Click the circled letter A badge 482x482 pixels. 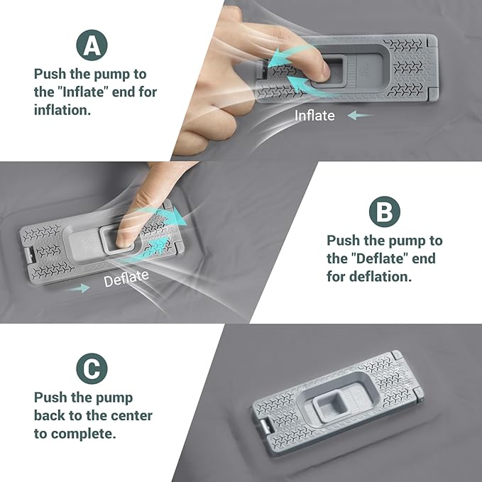pos(92,45)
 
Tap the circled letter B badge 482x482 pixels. pos(384,212)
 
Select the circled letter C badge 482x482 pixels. pos(92,369)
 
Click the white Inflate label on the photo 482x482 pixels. pos(314,115)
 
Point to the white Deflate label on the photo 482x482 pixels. pos(126,279)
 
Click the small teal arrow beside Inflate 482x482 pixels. pos(361,115)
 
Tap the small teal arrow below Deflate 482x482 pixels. pos(80,288)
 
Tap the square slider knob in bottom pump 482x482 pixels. pos(324,407)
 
